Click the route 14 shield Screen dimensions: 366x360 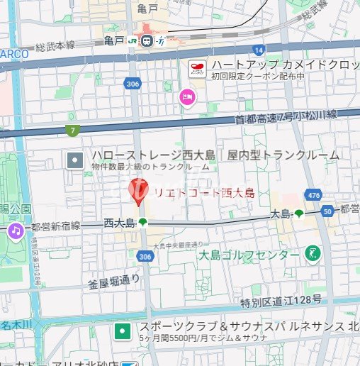[x=259, y=50]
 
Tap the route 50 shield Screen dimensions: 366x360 [x=327, y=211]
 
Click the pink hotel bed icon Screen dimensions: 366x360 [x=187, y=96]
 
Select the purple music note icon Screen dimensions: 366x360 [x=16, y=231]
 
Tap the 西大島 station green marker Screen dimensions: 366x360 [x=142, y=223]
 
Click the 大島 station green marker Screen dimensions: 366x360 [x=299, y=213]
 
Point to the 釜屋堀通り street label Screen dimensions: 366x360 [x=114, y=281]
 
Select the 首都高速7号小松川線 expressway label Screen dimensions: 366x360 [x=287, y=117]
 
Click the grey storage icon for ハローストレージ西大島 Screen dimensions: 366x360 [x=75, y=160]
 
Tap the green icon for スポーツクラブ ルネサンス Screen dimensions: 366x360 [x=123, y=331]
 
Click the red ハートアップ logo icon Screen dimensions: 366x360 [x=196, y=69]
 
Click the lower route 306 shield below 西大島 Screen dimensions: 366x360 [x=145, y=256]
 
